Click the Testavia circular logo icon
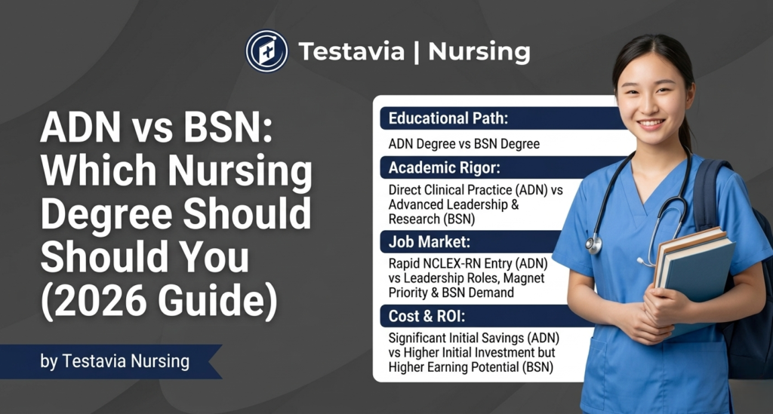click(266, 51)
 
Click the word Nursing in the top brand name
click(479, 51)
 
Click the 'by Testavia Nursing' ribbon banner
click(113, 361)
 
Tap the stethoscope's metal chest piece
click(593, 244)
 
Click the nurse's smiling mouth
click(650, 123)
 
